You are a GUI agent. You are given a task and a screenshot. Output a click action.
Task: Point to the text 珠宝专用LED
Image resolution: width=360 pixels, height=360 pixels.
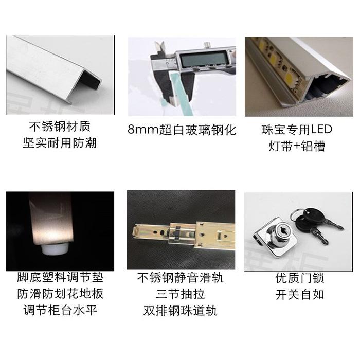click(297, 129)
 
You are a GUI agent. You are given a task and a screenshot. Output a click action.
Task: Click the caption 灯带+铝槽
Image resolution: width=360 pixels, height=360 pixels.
click(297, 146)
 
